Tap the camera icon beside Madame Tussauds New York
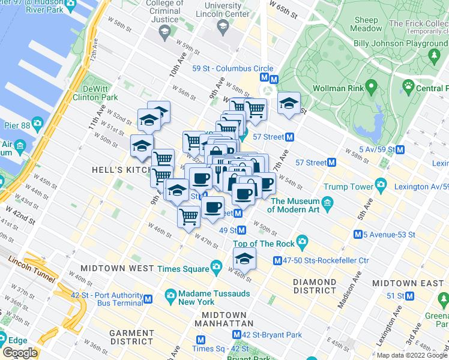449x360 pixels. click(x=170, y=296)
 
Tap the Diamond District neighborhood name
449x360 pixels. click(x=315, y=286)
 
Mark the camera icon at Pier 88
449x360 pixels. click(x=37, y=124)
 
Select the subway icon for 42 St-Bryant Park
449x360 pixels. click(x=237, y=335)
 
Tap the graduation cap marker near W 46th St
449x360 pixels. click(x=244, y=259)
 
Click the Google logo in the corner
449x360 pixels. click(x=20, y=353)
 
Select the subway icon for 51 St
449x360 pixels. click(x=410, y=296)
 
